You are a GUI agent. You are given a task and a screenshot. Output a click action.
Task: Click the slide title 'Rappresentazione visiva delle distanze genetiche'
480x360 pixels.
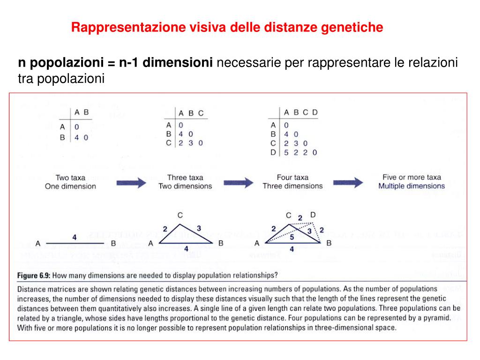pyautogui.click(x=227, y=28)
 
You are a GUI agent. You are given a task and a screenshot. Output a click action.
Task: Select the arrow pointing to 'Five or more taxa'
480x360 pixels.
pyautogui.click(x=347, y=182)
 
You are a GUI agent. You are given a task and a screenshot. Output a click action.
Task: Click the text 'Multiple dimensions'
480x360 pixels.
pyautogui.click(x=412, y=186)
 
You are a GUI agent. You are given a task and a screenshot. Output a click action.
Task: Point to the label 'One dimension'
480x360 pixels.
pyautogui.click(x=70, y=186)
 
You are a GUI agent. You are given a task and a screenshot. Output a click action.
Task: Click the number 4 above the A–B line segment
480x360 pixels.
pyautogui.click(x=74, y=238)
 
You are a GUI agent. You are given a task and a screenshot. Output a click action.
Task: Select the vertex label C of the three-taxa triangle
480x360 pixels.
pyautogui.click(x=180, y=215)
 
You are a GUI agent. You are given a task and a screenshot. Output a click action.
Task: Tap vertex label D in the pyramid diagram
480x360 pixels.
pyautogui.click(x=313, y=215)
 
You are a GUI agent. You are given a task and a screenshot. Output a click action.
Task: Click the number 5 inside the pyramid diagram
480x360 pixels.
pyautogui.click(x=292, y=237)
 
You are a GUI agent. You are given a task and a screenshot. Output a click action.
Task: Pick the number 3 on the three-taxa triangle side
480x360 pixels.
pyautogui.click(x=199, y=228)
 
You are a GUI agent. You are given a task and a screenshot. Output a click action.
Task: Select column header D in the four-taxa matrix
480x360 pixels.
pyautogui.click(x=315, y=112)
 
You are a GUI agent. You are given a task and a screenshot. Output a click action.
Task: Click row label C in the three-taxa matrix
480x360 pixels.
pyautogui.click(x=169, y=143)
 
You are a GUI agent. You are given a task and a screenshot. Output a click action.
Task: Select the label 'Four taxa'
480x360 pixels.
pyautogui.click(x=292, y=178)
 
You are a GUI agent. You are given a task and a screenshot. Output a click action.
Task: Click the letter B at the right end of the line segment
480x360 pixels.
pyautogui.click(x=113, y=243)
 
